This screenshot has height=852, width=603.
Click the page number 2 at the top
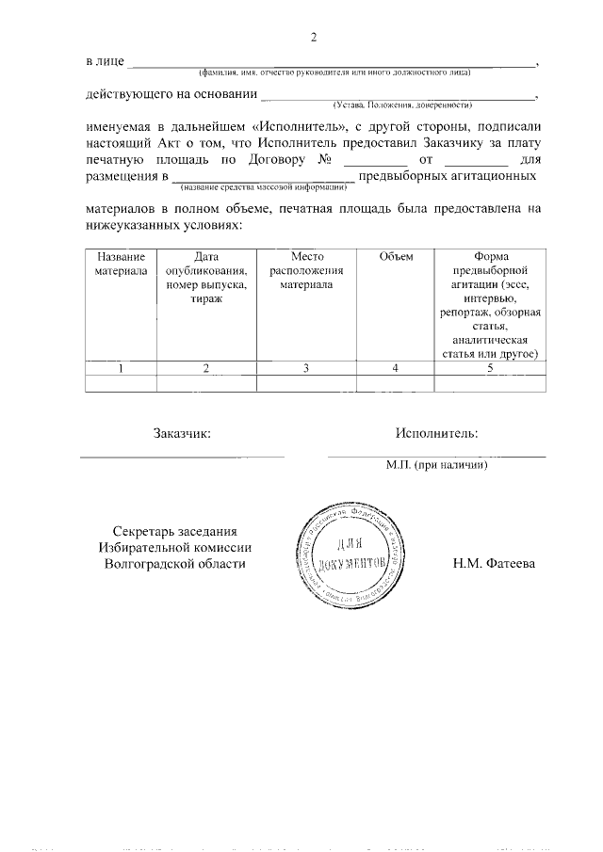pos(314,38)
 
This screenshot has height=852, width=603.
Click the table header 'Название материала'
pos(121,264)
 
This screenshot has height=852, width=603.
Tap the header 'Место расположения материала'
pos(306,271)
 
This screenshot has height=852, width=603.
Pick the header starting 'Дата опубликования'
pos(206,278)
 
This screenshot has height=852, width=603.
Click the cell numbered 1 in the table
pos(121,368)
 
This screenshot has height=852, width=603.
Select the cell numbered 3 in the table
pos(306,368)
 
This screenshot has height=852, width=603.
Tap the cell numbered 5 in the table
pos(490,368)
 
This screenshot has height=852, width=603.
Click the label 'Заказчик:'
pos(182,433)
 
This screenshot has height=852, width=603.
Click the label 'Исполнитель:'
pos(436,433)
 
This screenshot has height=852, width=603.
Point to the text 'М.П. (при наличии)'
pos(436,464)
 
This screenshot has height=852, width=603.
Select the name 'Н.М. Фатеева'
pos(494,564)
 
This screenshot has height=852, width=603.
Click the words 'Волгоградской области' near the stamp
pos(174,564)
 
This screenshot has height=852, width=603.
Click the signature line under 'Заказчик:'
pos(182,457)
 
